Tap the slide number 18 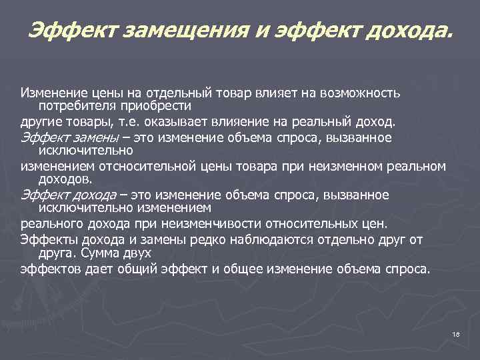pos(456,335)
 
